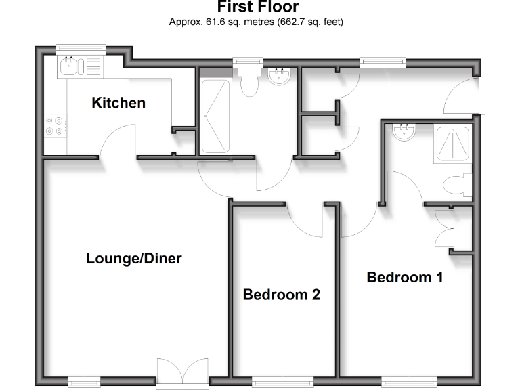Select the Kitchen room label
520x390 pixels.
118,103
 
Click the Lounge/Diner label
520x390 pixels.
134,258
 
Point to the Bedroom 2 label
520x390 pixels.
281,295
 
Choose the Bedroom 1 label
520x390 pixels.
405,277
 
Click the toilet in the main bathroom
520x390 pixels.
249,83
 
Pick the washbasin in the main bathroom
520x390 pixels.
279,77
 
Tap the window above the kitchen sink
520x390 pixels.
81,48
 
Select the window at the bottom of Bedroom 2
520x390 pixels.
282,382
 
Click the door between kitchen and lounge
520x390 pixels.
118,142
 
